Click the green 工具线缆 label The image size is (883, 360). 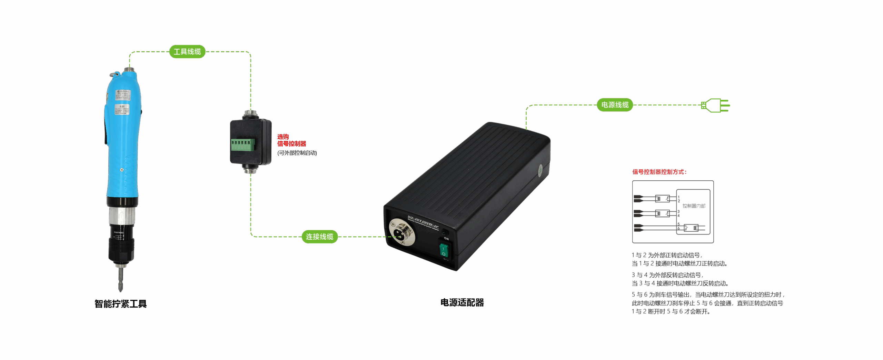pyautogui.click(x=187, y=52)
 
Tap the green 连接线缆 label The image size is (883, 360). pyautogui.click(x=319, y=237)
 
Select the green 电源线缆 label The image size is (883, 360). pyautogui.click(x=615, y=105)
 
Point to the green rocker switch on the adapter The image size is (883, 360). pyautogui.click(x=444, y=251)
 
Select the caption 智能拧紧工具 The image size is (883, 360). pyautogui.click(x=121, y=304)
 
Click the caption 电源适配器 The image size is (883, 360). pyautogui.click(x=462, y=303)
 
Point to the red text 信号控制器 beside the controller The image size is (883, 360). pyautogui.click(x=291, y=144)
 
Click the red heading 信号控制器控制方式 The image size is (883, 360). pyautogui.click(x=659, y=172)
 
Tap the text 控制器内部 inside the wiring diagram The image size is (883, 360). pyautogui.click(x=694, y=206)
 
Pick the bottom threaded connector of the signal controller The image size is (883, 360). pyautogui.click(x=251, y=169)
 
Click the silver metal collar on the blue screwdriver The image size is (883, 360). pyautogui.click(x=121, y=215)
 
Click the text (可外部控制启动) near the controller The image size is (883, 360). pyautogui.click(x=297, y=153)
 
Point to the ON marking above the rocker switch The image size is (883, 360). pyautogui.click(x=446, y=239)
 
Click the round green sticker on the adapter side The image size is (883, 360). pyautogui.click(x=540, y=170)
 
